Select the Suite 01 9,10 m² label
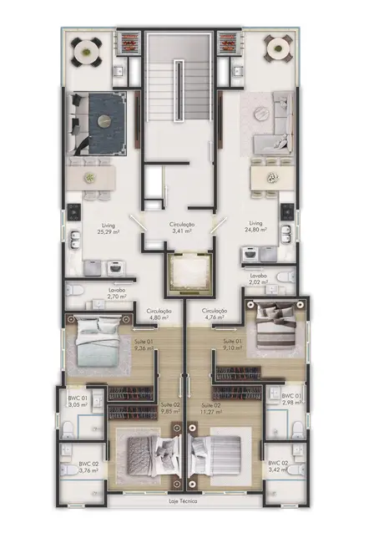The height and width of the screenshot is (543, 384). [233, 346]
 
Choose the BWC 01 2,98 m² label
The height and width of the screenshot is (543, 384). [291, 399]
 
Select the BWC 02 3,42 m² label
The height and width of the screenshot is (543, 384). [279, 466]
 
